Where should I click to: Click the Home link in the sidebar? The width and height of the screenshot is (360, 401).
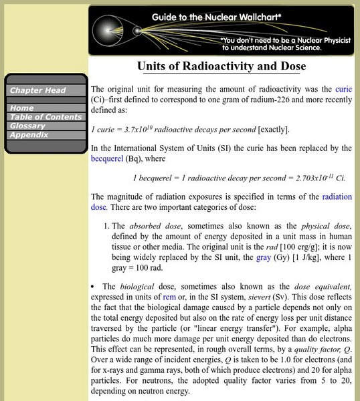point(22,108)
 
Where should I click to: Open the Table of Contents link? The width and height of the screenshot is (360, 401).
point(46,116)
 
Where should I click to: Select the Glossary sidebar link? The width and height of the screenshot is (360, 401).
point(27,126)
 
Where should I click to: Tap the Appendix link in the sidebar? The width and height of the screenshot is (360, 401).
point(29,134)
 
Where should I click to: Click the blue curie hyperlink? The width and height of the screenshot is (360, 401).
point(343,89)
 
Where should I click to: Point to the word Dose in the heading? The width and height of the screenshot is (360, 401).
point(292,67)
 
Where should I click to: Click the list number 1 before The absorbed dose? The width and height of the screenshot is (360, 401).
point(114,226)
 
